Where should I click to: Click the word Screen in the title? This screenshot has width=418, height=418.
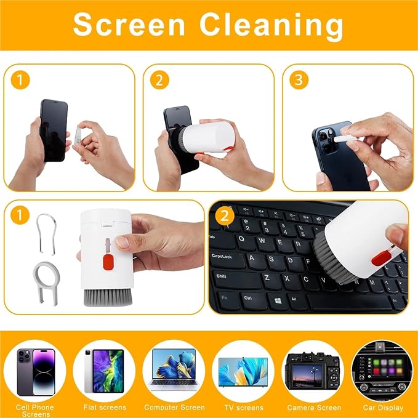(x=129, y=25)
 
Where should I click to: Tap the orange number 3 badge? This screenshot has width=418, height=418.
(x=299, y=79)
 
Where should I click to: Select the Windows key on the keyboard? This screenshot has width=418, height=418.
(x=278, y=300)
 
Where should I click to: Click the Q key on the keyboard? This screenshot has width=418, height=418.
(x=242, y=239)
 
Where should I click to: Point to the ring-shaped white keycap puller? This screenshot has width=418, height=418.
(x=46, y=283)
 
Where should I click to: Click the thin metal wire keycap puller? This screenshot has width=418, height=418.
(x=46, y=234)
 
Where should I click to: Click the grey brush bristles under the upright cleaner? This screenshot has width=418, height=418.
(x=108, y=297)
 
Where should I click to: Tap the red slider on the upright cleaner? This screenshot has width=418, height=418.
(x=108, y=262)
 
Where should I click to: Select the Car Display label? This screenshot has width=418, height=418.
(x=383, y=408)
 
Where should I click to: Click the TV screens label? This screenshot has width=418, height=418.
(x=244, y=408)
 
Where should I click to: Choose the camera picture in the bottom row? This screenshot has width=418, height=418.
(x=313, y=371)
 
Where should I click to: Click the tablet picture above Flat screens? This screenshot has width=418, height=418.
(x=104, y=371)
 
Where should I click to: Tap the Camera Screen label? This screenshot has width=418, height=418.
(x=314, y=408)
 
